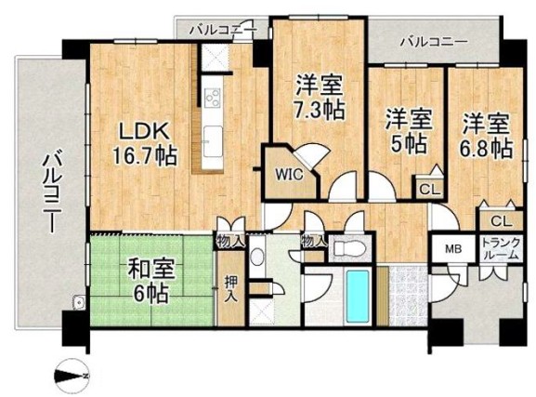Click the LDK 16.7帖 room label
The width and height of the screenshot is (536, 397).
145,144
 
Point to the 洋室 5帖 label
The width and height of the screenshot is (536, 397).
409,131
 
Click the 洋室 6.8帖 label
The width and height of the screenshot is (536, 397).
487,135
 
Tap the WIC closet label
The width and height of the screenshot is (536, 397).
289,175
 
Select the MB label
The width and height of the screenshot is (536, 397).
453,249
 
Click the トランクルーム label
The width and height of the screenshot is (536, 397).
501,248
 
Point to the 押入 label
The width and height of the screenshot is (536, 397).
231,289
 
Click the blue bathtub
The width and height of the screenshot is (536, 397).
358,295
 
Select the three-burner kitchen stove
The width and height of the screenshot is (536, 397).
213,98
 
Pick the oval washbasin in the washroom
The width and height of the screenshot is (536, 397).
257,256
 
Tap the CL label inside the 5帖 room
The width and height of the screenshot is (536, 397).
429,190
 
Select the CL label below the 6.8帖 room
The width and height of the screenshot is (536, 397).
502,222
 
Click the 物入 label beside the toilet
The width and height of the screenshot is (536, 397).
312,243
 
